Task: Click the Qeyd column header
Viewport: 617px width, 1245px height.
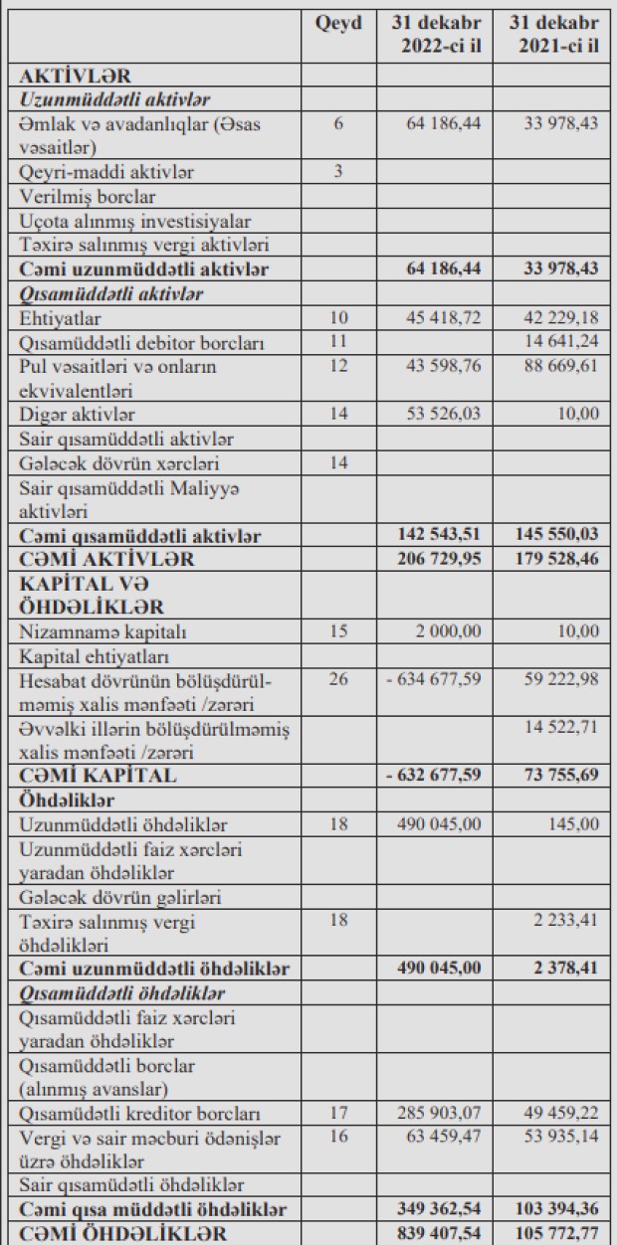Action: [338, 22]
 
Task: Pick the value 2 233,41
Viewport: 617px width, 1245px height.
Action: [566, 920]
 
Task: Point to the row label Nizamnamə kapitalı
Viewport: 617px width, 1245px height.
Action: [103, 631]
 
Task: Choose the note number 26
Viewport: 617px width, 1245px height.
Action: [338, 680]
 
